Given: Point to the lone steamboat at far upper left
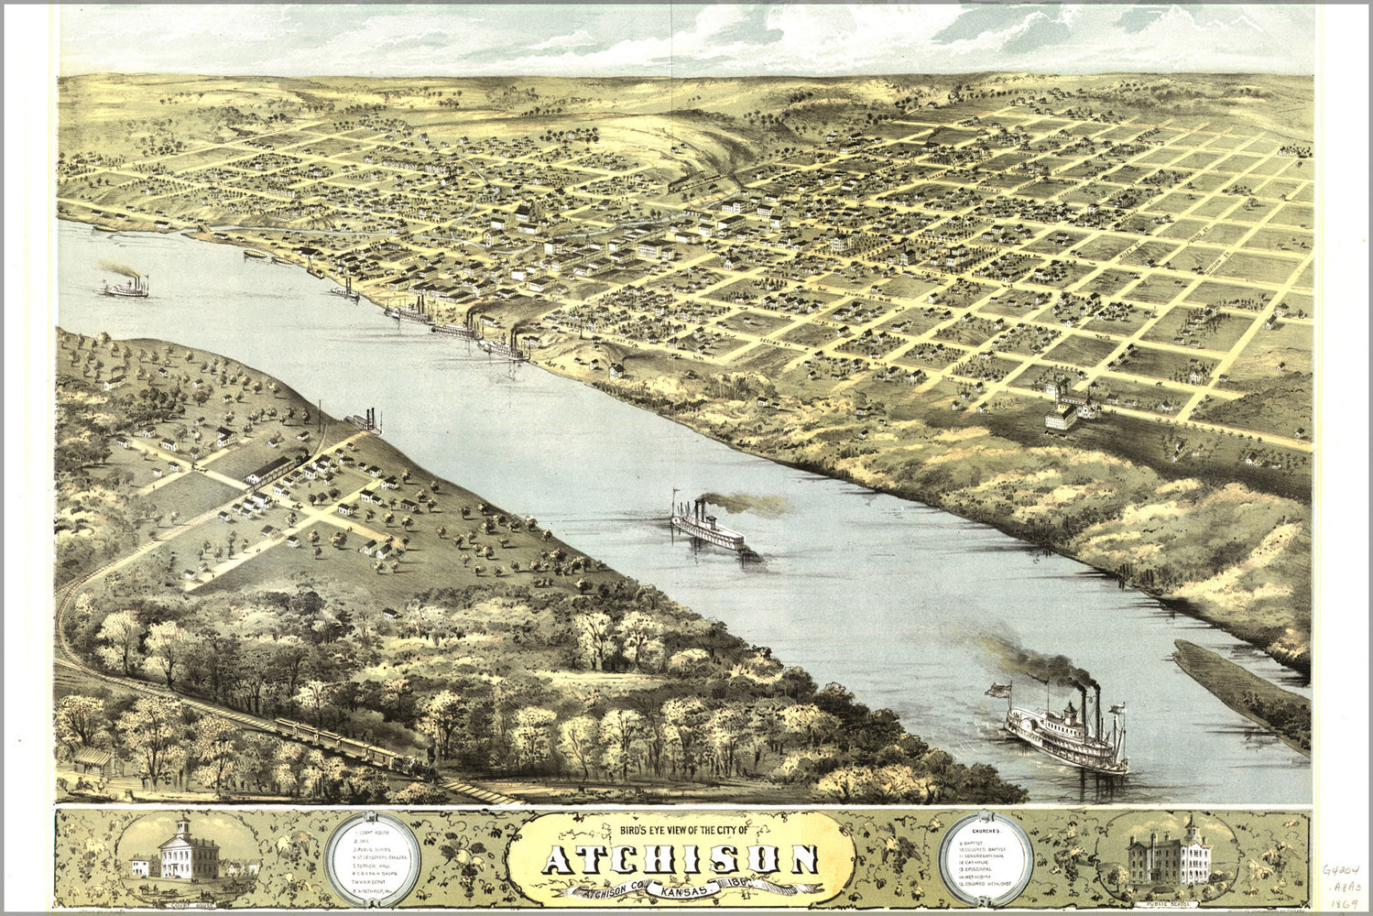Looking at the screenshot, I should click(125, 288).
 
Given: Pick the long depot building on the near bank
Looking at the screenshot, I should click(276, 467).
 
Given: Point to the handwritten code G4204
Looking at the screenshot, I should click(1340, 870).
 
